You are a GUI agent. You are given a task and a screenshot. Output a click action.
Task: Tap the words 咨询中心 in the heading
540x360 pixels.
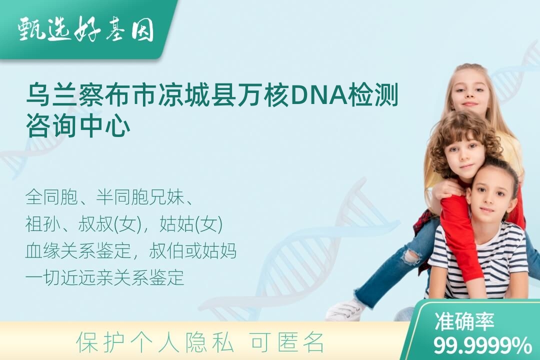pyautogui.click(x=78, y=126)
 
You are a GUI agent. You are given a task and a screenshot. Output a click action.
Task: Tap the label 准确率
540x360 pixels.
pyautogui.click(x=464, y=321)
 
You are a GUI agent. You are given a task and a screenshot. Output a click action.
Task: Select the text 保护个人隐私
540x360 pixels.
pyautogui.click(x=155, y=342)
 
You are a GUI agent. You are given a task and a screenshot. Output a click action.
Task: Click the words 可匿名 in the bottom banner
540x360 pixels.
pyautogui.click(x=287, y=342)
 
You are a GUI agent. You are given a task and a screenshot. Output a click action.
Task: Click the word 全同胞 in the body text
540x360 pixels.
pyautogui.click(x=51, y=197)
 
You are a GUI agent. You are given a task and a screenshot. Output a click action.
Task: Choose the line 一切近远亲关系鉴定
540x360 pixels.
pyautogui.click(x=104, y=277)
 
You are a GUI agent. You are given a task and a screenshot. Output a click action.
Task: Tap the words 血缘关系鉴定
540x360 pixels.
pyautogui.click(x=78, y=251)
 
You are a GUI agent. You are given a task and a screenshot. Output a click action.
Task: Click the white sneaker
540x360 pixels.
pyautogui.click(x=344, y=309)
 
